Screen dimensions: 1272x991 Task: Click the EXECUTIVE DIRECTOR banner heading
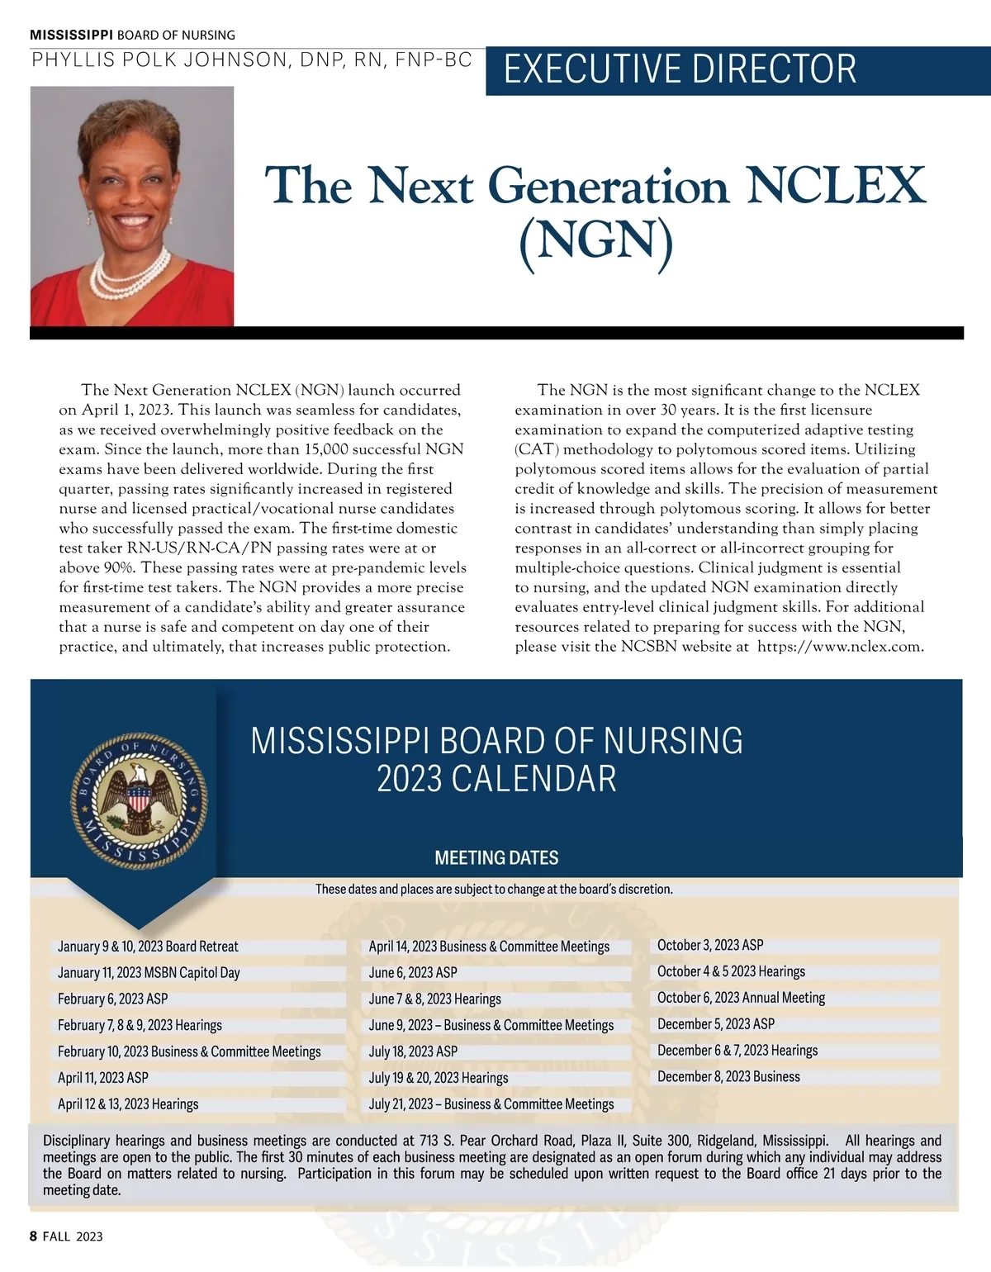(x=680, y=69)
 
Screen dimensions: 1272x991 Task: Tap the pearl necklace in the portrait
(x=128, y=273)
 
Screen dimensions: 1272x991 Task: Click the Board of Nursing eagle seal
(x=139, y=800)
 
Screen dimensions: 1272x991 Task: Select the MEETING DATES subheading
(x=496, y=858)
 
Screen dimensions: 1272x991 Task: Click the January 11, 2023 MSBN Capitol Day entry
(x=149, y=973)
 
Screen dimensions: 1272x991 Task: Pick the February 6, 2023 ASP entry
(x=112, y=999)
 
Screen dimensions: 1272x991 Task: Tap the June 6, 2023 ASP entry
(x=413, y=973)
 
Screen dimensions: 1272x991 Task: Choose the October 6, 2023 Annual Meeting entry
(x=741, y=998)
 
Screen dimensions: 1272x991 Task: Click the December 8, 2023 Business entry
(x=728, y=1077)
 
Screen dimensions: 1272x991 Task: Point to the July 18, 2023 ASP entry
(x=413, y=1051)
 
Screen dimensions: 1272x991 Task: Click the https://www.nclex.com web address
(x=840, y=647)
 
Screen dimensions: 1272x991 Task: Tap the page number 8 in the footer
(x=33, y=1236)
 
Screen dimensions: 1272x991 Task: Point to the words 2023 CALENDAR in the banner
(x=496, y=780)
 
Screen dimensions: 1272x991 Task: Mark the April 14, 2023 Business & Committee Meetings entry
(x=489, y=947)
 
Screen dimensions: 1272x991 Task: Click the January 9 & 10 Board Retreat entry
(x=148, y=947)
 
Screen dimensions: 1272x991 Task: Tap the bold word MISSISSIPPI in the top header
(x=71, y=35)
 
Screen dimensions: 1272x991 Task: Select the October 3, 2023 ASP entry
(x=710, y=945)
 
